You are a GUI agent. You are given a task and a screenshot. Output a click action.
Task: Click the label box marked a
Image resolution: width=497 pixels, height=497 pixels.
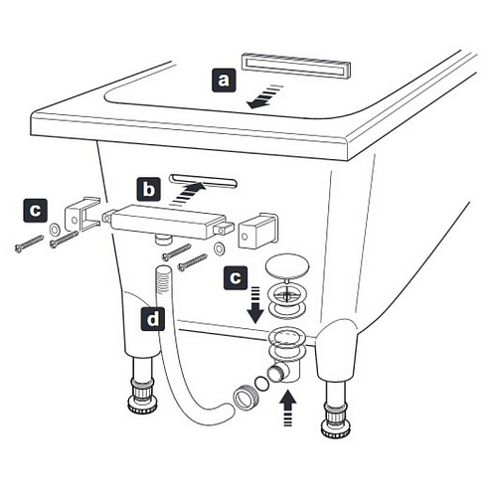224,80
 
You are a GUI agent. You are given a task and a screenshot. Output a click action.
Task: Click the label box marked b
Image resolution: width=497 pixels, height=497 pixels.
149,189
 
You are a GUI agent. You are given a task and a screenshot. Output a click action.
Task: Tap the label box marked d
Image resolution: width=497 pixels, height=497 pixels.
153,319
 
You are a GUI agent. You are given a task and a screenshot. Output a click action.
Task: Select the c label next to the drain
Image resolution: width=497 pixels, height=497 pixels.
236,277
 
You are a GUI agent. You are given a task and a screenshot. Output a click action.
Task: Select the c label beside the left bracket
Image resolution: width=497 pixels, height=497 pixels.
35,210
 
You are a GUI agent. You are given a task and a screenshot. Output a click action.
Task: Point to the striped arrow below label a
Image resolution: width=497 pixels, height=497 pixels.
265,96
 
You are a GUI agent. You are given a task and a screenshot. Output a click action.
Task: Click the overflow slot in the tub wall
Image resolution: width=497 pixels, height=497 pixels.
203,181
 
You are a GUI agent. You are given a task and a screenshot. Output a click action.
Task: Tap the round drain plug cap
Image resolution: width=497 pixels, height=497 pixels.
287,266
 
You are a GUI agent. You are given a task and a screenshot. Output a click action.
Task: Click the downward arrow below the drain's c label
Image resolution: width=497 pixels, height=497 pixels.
255,305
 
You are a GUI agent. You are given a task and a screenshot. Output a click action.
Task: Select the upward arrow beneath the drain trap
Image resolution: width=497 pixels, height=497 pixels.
287,408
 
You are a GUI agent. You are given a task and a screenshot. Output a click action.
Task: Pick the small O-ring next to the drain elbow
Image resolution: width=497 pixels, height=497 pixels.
261,384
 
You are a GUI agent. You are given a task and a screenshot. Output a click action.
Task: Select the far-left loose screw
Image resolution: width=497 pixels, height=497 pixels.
29,244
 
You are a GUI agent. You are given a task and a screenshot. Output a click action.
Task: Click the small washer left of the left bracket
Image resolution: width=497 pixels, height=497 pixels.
54,229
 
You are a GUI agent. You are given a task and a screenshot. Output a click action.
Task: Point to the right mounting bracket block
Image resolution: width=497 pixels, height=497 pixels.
257,231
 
